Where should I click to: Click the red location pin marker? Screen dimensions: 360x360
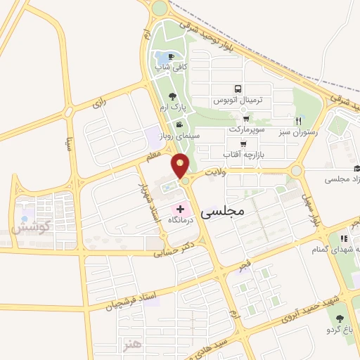pyautogui.click(x=181, y=165)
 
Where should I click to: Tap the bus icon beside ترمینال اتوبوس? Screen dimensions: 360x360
pyautogui.click(x=238, y=89)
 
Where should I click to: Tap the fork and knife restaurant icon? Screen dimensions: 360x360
pyautogui.click(x=299, y=121)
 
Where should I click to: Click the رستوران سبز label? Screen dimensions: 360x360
pyautogui.click(x=297, y=131)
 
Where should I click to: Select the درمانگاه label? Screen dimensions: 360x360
pyautogui.click(x=180, y=220)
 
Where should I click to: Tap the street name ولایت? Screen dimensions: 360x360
pyautogui.click(x=214, y=172)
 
